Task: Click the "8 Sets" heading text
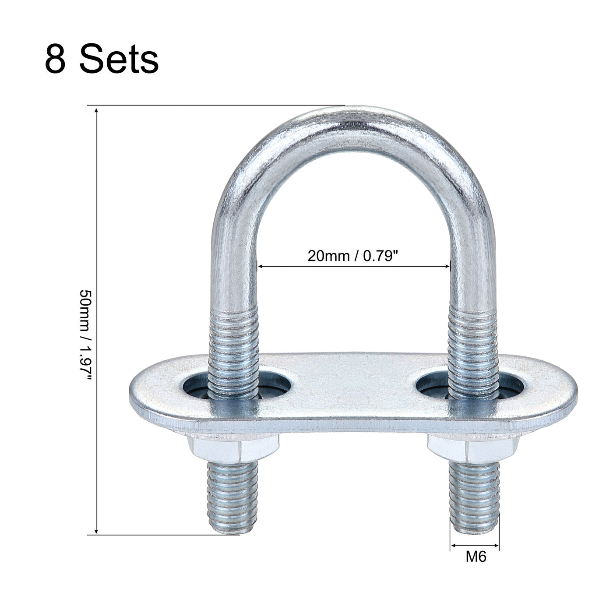102,60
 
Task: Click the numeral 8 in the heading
55,60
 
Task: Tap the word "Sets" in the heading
119,60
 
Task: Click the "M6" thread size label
476,557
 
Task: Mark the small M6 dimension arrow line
475,546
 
